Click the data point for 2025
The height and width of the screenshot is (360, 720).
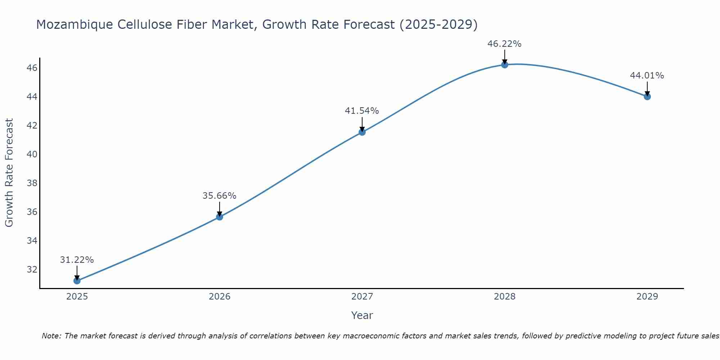point(77,280)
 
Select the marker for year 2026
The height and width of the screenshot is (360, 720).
point(220,217)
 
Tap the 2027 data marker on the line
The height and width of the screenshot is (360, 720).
point(362,132)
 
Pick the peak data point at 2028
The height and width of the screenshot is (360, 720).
point(505,65)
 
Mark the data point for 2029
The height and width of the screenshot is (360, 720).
point(647,96)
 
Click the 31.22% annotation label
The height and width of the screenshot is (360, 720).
point(77,260)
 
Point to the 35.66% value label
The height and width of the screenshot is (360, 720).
point(220,196)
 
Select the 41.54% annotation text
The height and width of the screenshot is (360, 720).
point(362,111)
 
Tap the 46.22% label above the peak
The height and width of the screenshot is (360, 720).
point(505,44)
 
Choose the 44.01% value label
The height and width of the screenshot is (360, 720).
point(647,76)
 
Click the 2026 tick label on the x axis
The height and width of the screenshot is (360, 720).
point(220,297)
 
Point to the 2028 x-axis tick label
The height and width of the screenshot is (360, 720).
point(505,297)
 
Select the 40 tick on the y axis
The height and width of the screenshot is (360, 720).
point(32,154)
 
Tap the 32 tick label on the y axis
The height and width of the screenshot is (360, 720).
point(32,269)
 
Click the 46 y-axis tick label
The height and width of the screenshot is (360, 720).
point(32,68)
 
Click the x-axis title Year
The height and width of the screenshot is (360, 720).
point(362,315)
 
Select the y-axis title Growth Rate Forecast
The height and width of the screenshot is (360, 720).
point(9,173)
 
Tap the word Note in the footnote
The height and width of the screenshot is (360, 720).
point(51,336)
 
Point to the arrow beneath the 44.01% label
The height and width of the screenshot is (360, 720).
point(647,88)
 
